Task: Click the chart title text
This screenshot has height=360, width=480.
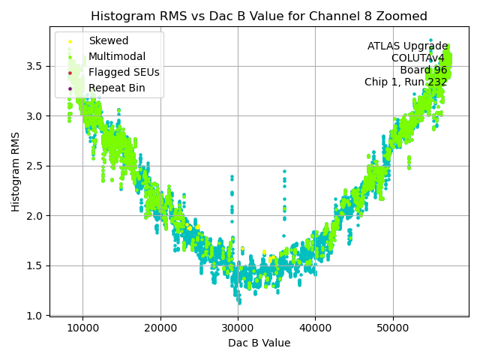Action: [259, 16]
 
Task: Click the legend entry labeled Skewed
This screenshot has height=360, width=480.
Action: [108, 41]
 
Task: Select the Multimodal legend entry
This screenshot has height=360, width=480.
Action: [117, 57]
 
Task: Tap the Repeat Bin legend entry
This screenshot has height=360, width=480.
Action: [116, 88]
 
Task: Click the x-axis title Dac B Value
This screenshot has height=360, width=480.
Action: [259, 343]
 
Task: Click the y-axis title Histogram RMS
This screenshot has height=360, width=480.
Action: [16, 171]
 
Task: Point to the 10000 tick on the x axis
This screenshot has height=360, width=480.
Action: [82, 328]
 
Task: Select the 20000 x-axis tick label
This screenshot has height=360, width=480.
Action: [160, 328]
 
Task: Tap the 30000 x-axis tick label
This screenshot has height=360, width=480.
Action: [238, 328]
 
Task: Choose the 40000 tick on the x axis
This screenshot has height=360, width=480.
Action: [315, 328]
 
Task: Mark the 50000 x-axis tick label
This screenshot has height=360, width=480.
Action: [393, 328]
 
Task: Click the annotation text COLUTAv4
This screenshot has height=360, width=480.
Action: [419, 58]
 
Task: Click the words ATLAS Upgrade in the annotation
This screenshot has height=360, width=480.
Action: [407, 46]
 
